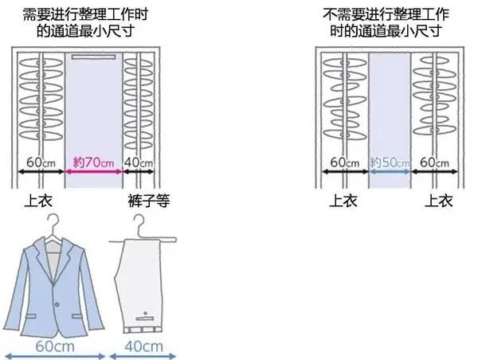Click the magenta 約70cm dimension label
point(92,162)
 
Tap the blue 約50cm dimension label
point(390,162)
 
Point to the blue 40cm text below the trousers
point(144,346)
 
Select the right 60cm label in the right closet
point(435,162)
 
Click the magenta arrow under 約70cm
point(92,170)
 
